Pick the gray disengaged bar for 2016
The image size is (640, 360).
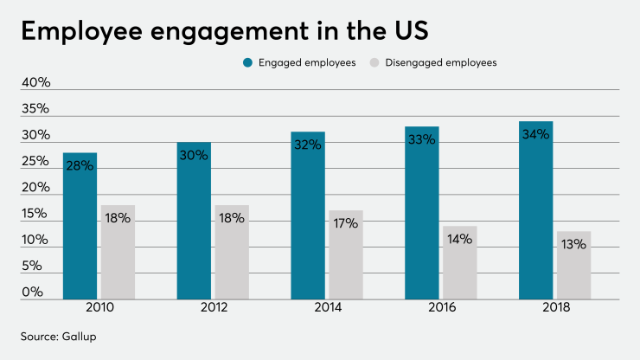click(x=460, y=264)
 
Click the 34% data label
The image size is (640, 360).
click(x=535, y=136)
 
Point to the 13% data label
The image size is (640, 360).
click(x=573, y=245)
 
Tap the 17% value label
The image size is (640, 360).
click(x=346, y=224)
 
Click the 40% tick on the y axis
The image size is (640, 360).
click(x=35, y=83)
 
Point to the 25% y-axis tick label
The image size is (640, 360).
click(x=35, y=162)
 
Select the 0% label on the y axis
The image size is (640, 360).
click(x=32, y=292)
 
